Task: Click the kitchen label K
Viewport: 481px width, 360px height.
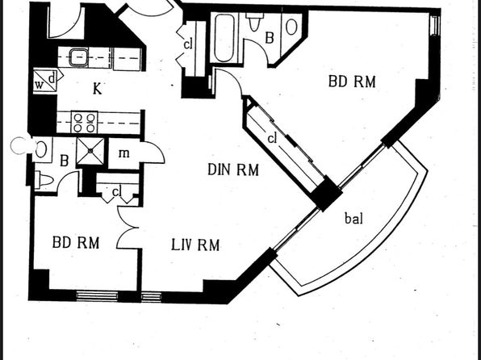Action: click(97, 89)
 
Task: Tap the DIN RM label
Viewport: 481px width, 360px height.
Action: click(233, 170)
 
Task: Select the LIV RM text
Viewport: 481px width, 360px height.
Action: click(195, 245)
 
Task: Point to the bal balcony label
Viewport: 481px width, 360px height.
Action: click(354, 218)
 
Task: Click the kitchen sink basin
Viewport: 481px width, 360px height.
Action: click(78, 57)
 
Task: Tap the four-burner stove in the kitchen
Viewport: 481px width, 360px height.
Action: click(85, 123)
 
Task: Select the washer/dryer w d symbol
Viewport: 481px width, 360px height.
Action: click(44, 81)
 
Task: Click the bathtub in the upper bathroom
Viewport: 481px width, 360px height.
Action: click(224, 38)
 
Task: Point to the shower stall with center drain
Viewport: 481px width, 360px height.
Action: click(90, 151)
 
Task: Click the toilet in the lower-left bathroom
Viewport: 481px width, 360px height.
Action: click(44, 180)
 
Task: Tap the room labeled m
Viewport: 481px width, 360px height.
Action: click(124, 153)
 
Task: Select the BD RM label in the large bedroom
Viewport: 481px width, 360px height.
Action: click(352, 82)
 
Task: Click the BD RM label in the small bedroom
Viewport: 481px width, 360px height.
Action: click(76, 242)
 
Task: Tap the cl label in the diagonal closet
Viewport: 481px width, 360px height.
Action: click(272, 139)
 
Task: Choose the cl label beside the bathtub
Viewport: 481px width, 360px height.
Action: click(188, 44)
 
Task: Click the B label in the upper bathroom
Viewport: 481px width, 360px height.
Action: click(270, 39)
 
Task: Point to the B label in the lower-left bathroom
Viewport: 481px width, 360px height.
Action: click(64, 161)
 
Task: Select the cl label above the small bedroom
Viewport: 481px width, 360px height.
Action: click(116, 192)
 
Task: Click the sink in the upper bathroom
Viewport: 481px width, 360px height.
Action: click(291, 27)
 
